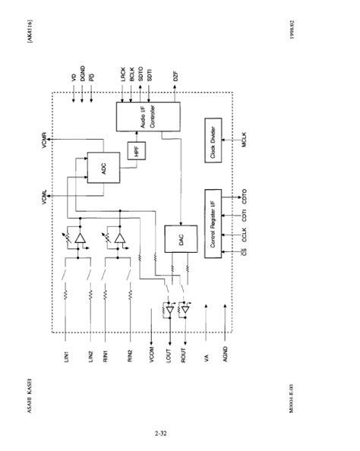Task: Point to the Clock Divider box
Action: pos(213,140)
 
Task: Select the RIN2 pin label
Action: pos(131,356)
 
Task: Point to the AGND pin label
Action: pos(226,356)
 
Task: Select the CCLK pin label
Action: pos(246,231)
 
